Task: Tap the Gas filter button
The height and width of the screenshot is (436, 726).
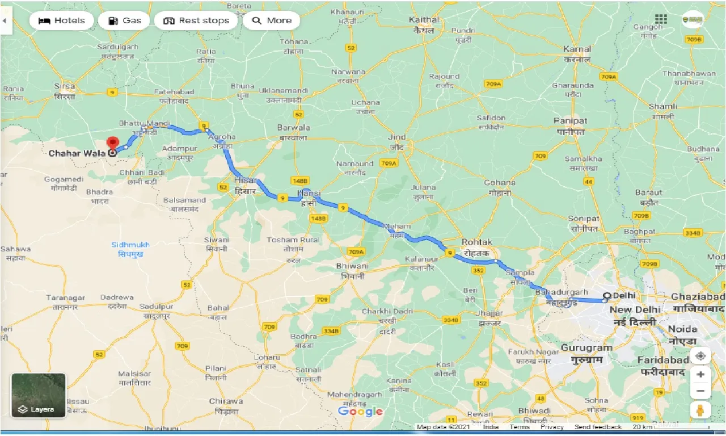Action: click(x=124, y=21)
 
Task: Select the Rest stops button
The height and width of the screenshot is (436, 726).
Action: click(x=196, y=21)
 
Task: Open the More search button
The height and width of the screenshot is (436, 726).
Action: click(x=272, y=21)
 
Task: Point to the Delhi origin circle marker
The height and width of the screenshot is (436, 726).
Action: click(x=607, y=296)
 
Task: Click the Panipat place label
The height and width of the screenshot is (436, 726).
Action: click(x=571, y=121)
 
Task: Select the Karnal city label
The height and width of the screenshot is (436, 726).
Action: click(x=577, y=49)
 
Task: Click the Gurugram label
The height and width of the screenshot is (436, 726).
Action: click(x=586, y=347)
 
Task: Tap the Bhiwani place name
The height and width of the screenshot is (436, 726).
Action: click(x=352, y=266)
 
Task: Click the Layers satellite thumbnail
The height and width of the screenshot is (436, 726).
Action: click(x=39, y=395)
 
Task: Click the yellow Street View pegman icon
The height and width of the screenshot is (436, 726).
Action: click(x=700, y=410)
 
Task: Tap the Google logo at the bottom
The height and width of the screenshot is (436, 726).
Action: click(x=360, y=412)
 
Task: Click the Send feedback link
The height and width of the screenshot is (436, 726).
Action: click(x=598, y=427)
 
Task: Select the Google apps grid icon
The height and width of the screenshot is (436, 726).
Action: click(x=660, y=19)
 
